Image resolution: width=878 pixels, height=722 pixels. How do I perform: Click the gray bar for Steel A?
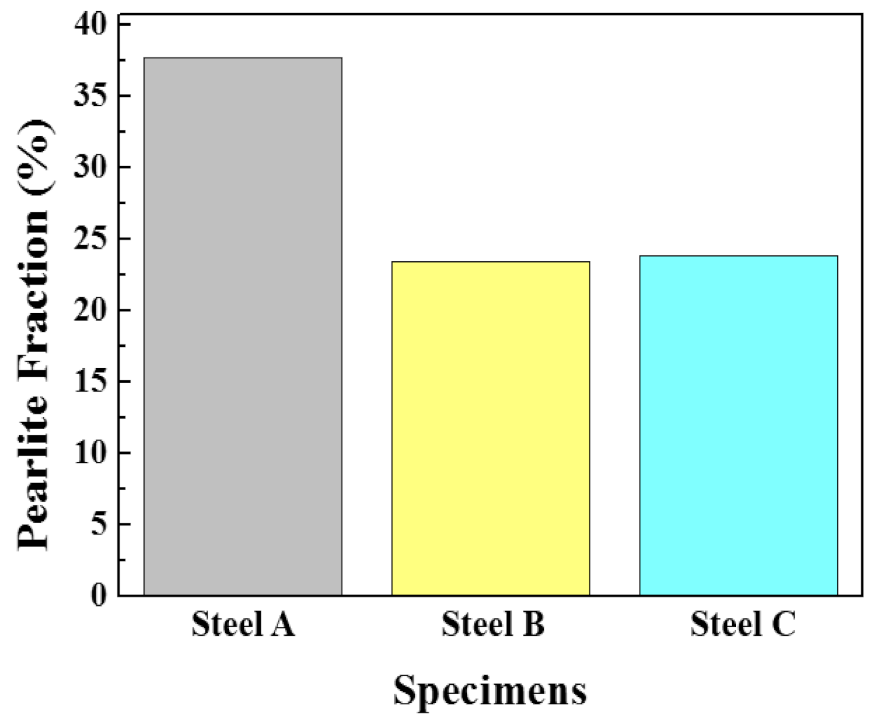[x=243, y=326]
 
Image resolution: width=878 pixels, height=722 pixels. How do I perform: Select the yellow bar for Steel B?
[x=490, y=428]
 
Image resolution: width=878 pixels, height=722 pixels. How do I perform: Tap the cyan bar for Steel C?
[x=738, y=425]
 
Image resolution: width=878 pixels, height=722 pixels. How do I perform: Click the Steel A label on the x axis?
[x=243, y=624]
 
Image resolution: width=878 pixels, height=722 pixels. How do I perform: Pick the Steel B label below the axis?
[x=492, y=624]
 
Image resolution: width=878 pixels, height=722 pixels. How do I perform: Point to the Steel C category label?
[x=743, y=624]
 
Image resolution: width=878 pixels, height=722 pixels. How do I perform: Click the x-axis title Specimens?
[x=490, y=691]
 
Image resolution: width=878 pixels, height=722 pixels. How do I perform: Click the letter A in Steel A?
[x=281, y=624]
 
